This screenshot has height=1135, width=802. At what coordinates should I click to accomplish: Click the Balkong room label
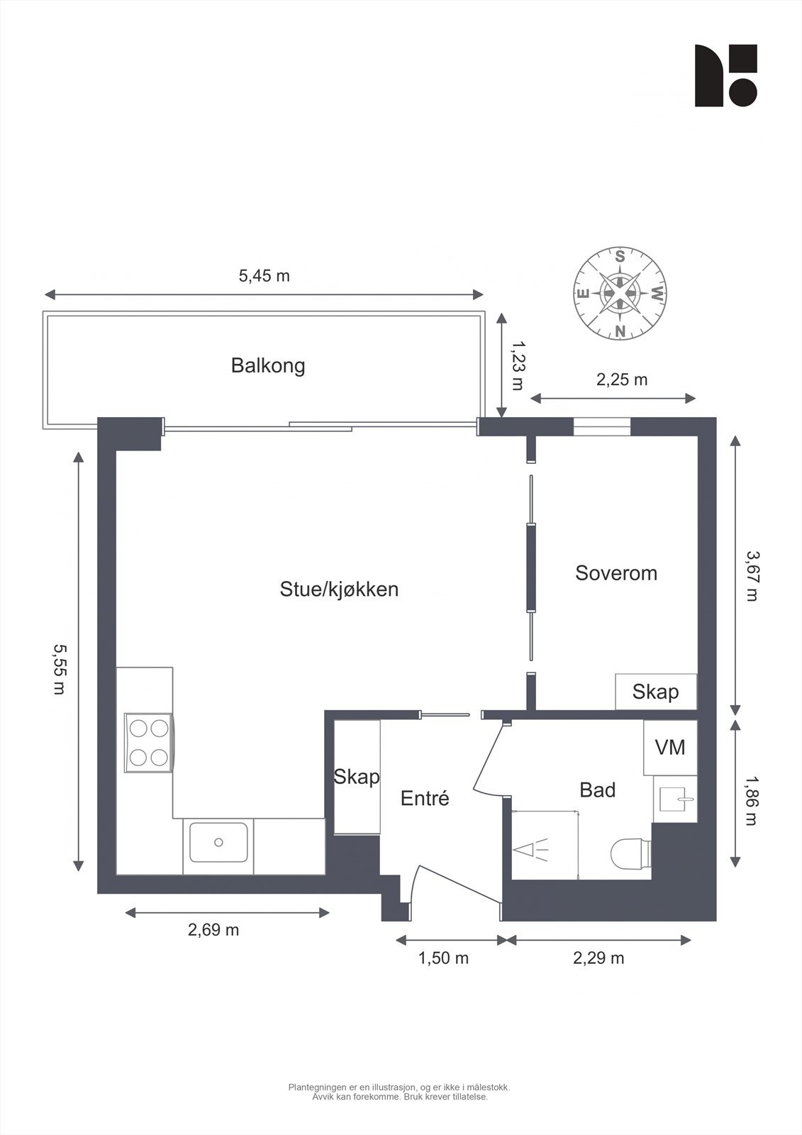coord(268,366)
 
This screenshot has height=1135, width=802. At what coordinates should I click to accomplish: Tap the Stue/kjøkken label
coord(339,589)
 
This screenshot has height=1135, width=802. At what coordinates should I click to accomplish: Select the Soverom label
coord(616,573)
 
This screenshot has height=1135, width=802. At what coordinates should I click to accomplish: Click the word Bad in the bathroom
coord(597,790)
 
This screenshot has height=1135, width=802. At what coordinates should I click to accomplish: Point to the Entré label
coord(425,799)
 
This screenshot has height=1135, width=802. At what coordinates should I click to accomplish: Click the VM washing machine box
coord(670,747)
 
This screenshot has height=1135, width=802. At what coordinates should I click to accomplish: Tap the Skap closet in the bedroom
coord(655,692)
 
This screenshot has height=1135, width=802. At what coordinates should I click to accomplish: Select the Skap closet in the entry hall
coord(357,777)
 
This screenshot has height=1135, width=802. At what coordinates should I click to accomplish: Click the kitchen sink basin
coord(218,842)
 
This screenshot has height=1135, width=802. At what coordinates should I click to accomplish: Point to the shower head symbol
coord(533,849)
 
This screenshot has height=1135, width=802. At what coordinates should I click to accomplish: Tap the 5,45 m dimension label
coord(264,276)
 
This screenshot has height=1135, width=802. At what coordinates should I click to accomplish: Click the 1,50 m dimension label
coord(443,958)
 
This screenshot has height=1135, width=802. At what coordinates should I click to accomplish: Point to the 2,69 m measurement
coord(213,930)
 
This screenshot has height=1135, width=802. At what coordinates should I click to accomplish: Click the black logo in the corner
coord(725,76)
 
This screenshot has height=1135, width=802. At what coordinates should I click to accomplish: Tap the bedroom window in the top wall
coord(601,426)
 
